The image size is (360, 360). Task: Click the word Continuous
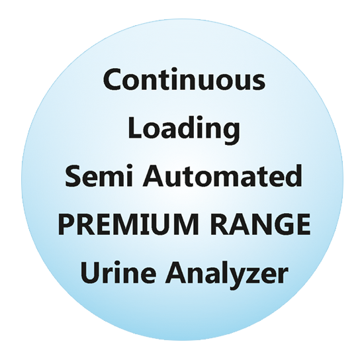pyautogui.click(x=184, y=79)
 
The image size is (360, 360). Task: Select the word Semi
pyautogui.click(x=99, y=175)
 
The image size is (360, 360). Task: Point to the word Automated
pyautogui.click(x=222, y=175)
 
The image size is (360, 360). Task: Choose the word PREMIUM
pyautogui.click(x=128, y=224)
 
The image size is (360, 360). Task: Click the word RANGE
pyautogui.click(x=261, y=224)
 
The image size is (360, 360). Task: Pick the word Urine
pyautogui.click(x=118, y=272)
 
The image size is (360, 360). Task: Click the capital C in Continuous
pyautogui.click(x=112, y=79)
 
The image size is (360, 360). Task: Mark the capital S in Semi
pyautogui.click(x=73, y=176)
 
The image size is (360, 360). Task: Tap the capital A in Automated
pyautogui.click(x=154, y=176)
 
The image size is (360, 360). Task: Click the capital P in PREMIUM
pyautogui.click(x=66, y=224)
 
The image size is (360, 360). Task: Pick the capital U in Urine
pyautogui.click(x=90, y=273)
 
